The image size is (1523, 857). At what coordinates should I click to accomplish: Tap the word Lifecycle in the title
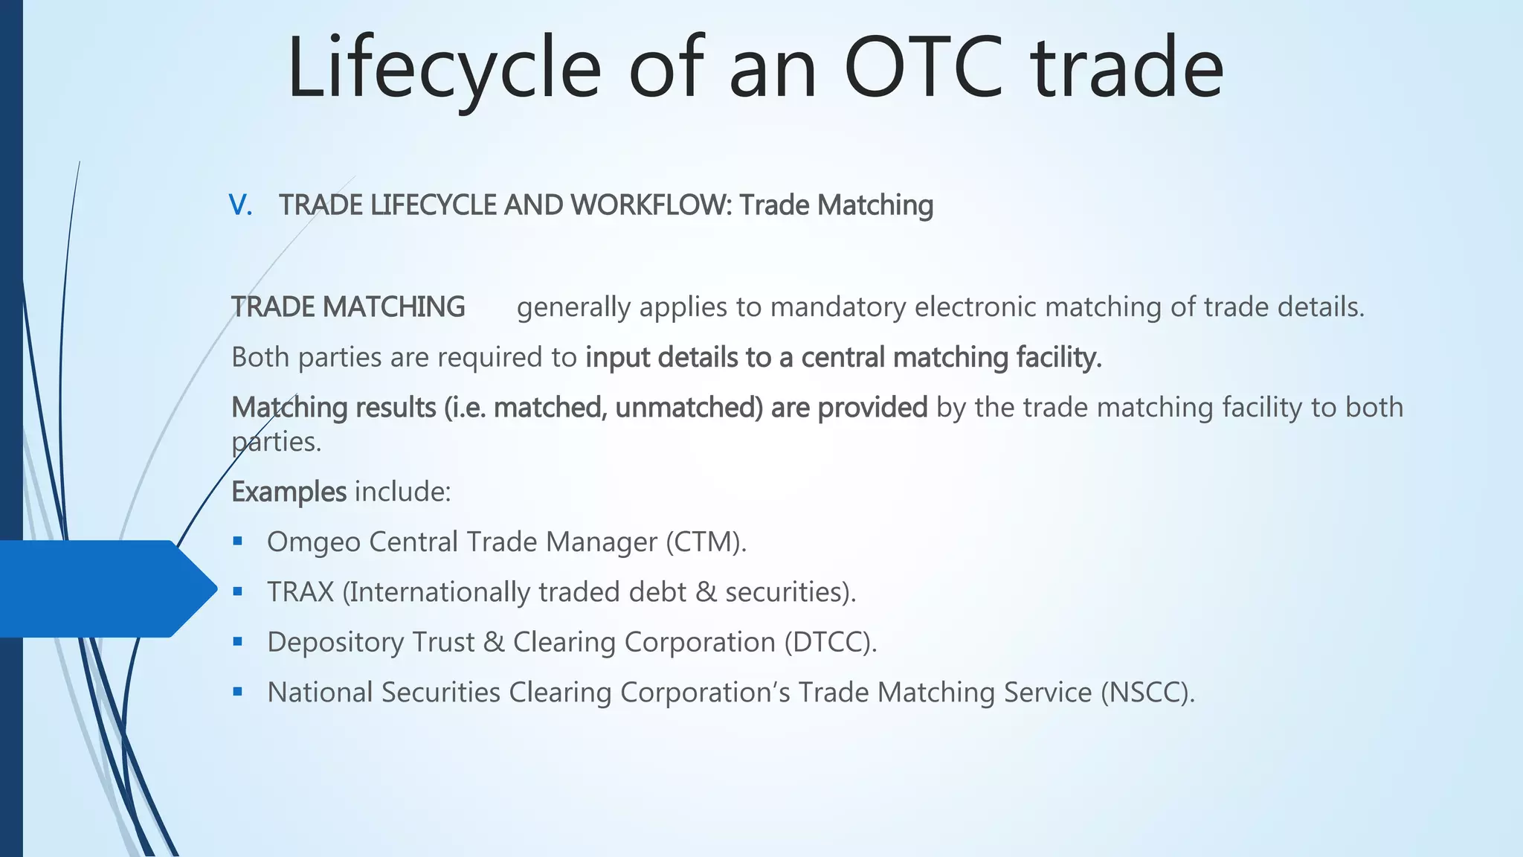pos(444,68)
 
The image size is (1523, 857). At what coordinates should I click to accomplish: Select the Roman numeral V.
pos(240,205)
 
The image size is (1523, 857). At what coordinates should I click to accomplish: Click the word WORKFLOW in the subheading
pos(651,205)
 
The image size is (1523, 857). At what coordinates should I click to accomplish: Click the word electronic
pos(975,307)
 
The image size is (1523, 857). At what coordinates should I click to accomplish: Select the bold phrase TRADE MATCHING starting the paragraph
pos(348,307)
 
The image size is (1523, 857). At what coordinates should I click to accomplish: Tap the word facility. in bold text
pos(1059,358)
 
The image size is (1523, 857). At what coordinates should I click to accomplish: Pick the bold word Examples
pos(289,492)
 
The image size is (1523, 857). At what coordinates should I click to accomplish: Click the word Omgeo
pos(314,542)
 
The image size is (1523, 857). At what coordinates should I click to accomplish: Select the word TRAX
pos(300,592)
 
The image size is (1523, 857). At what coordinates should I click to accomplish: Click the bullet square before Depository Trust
pos(238,641)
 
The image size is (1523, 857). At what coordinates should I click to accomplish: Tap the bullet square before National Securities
pos(238,692)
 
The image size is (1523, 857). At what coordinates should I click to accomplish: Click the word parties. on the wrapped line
pos(277,443)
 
